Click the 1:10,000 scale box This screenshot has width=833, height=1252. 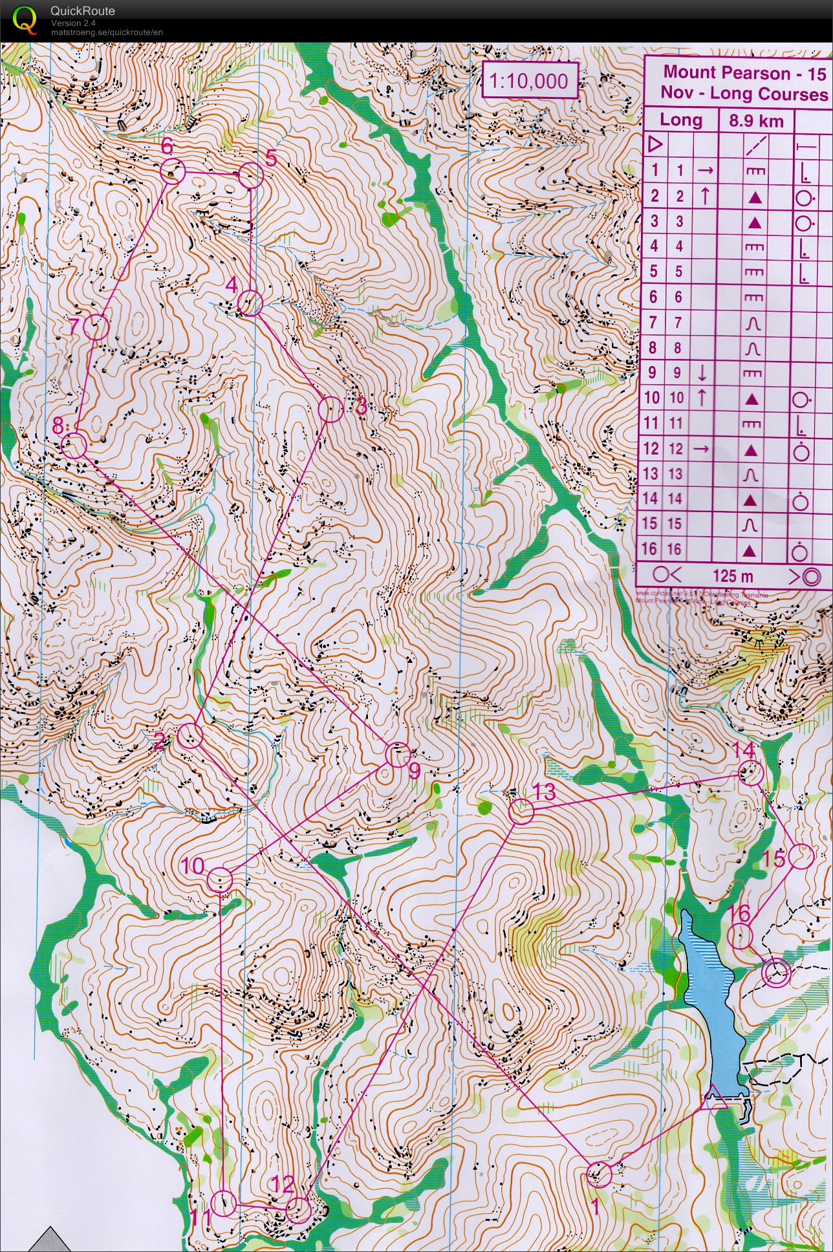click(x=529, y=81)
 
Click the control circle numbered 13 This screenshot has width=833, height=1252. click(x=521, y=812)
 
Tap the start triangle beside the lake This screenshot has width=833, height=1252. click(x=715, y=1099)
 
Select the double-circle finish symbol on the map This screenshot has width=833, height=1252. click(x=776, y=971)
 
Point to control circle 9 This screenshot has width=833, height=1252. click(x=398, y=755)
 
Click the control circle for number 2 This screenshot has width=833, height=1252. click(x=191, y=736)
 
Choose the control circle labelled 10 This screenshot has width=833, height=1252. click(x=220, y=880)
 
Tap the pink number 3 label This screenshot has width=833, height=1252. click(x=360, y=407)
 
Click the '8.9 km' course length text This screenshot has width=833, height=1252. click(x=756, y=121)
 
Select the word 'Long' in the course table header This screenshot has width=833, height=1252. click(x=680, y=120)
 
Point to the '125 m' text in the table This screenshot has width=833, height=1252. click(x=733, y=576)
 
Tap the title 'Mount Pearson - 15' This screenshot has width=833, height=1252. click(x=744, y=72)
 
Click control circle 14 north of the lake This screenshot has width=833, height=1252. click(x=751, y=773)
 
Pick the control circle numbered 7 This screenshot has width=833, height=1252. click(x=96, y=327)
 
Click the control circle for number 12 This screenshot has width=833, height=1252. click(x=298, y=1209)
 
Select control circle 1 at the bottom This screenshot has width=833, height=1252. click(x=599, y=1174)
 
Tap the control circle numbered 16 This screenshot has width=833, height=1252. click(x=740, y=936)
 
